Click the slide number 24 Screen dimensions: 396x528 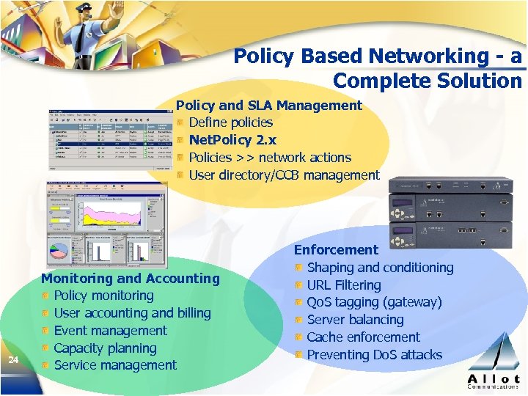click(12, 359)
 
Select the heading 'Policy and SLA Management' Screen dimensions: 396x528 click(269, 105)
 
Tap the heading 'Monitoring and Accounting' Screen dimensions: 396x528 click(131, 278)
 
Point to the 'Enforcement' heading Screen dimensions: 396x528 click(337, 250)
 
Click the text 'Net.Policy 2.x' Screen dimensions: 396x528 click(232, 139)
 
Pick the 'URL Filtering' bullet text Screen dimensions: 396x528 click(344, 285)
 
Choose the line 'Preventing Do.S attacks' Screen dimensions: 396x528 click(374, 355)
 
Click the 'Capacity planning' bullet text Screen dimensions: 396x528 click(105, 348)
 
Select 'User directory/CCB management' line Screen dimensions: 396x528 click(284, 175)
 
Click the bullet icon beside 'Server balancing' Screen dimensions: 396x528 click(298, 320)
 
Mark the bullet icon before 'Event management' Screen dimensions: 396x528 click(45, 331)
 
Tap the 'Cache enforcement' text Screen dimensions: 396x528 click(363, 337)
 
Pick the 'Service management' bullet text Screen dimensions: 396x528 click(115, 365)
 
